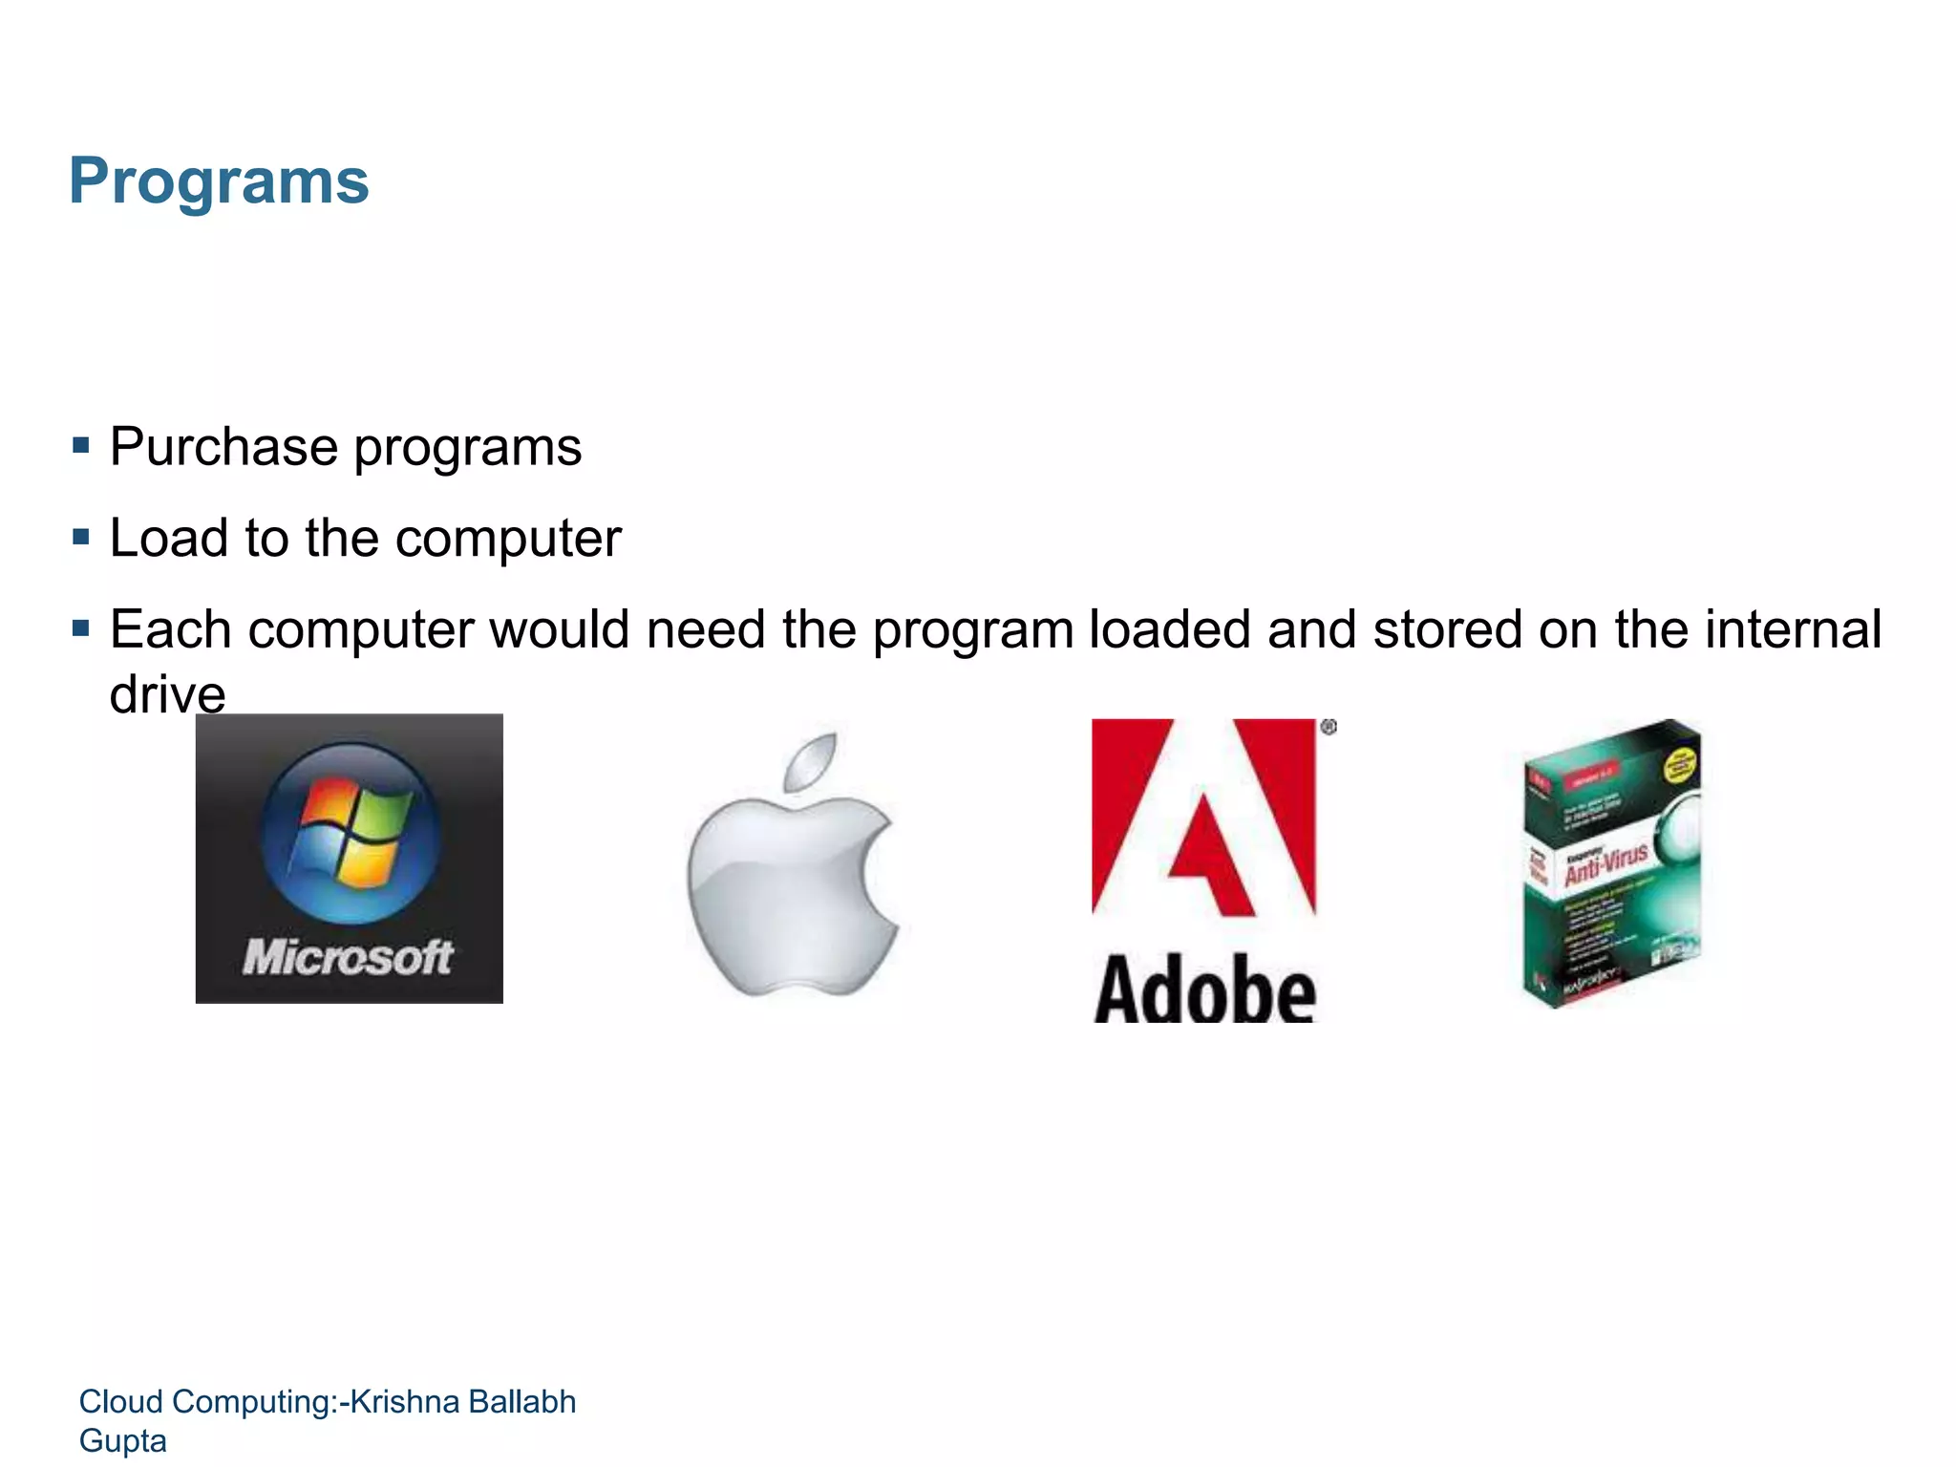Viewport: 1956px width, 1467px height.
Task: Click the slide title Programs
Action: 219,181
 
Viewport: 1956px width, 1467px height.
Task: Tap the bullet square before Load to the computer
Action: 81,537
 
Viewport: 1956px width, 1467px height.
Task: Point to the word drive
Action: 167,693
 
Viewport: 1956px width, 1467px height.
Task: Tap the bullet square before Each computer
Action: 81,628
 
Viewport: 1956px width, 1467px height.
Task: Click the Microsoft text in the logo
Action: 348,957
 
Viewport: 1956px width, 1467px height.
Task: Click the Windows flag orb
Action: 350,832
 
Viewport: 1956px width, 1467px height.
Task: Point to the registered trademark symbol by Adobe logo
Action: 1329,728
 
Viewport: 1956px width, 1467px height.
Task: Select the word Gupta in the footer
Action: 122,1440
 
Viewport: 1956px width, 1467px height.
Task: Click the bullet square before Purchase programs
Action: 81,445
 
